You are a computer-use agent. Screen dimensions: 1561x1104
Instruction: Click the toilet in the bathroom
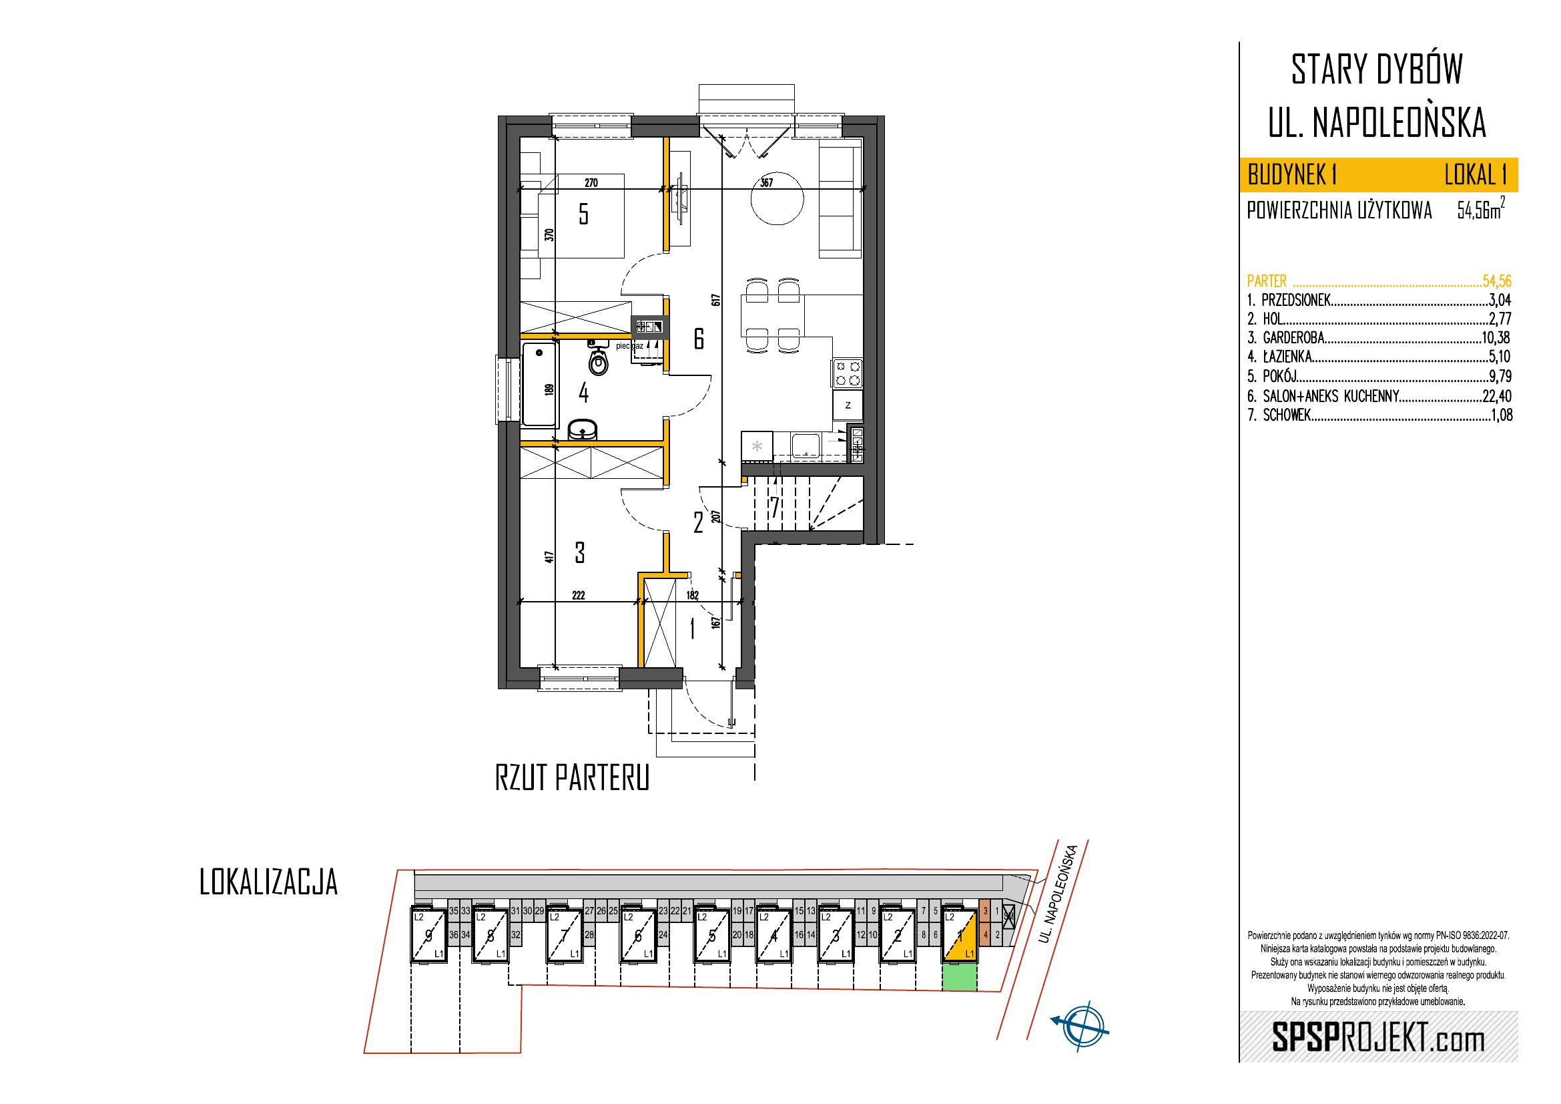click(598, 360)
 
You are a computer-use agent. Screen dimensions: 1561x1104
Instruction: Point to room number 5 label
click(583, 215)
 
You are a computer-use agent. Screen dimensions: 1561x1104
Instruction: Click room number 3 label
click(580, 552)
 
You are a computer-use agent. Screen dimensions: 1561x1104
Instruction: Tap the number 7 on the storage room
click(774, 507)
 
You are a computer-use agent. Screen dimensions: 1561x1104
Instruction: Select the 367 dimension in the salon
click(767, 183)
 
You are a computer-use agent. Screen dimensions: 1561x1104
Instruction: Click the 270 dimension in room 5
click(591, 183)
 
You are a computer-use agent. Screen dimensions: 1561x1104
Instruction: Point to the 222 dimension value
click(578, 595)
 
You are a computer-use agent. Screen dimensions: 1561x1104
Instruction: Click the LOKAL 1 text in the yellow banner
click(1476, 176)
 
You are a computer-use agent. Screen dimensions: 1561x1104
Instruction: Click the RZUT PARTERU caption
click(573, 778)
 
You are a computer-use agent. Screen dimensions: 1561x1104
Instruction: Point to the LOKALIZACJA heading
click(268, 883)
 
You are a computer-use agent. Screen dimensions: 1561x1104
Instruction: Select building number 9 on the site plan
click(428, 936)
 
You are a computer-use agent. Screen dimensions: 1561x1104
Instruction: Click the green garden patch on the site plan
click(959, 978)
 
